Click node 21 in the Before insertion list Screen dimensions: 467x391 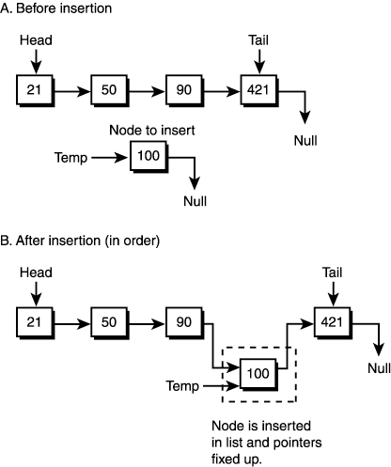tap(35, 91)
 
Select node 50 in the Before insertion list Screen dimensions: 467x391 tap(108, 91)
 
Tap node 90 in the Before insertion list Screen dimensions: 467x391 tap(181, 91)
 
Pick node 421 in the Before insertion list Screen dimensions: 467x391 tap(258, 91)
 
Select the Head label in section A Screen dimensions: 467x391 tap(36, 40)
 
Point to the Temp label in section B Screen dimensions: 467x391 tap(183, 385)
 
